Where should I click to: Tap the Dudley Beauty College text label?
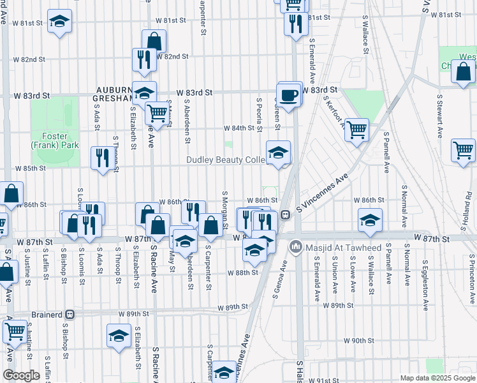[226, 160]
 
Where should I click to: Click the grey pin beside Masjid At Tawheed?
[295, 246]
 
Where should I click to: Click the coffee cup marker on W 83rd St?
[290, 94]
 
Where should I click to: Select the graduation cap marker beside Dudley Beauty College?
[278, 153]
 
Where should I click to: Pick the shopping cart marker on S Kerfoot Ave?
[357, 130]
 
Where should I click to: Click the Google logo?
[21, 375]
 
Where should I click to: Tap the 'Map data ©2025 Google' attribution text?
[437, 378]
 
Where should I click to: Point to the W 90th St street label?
[358, 341]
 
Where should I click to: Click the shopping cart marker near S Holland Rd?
[462, 151]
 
